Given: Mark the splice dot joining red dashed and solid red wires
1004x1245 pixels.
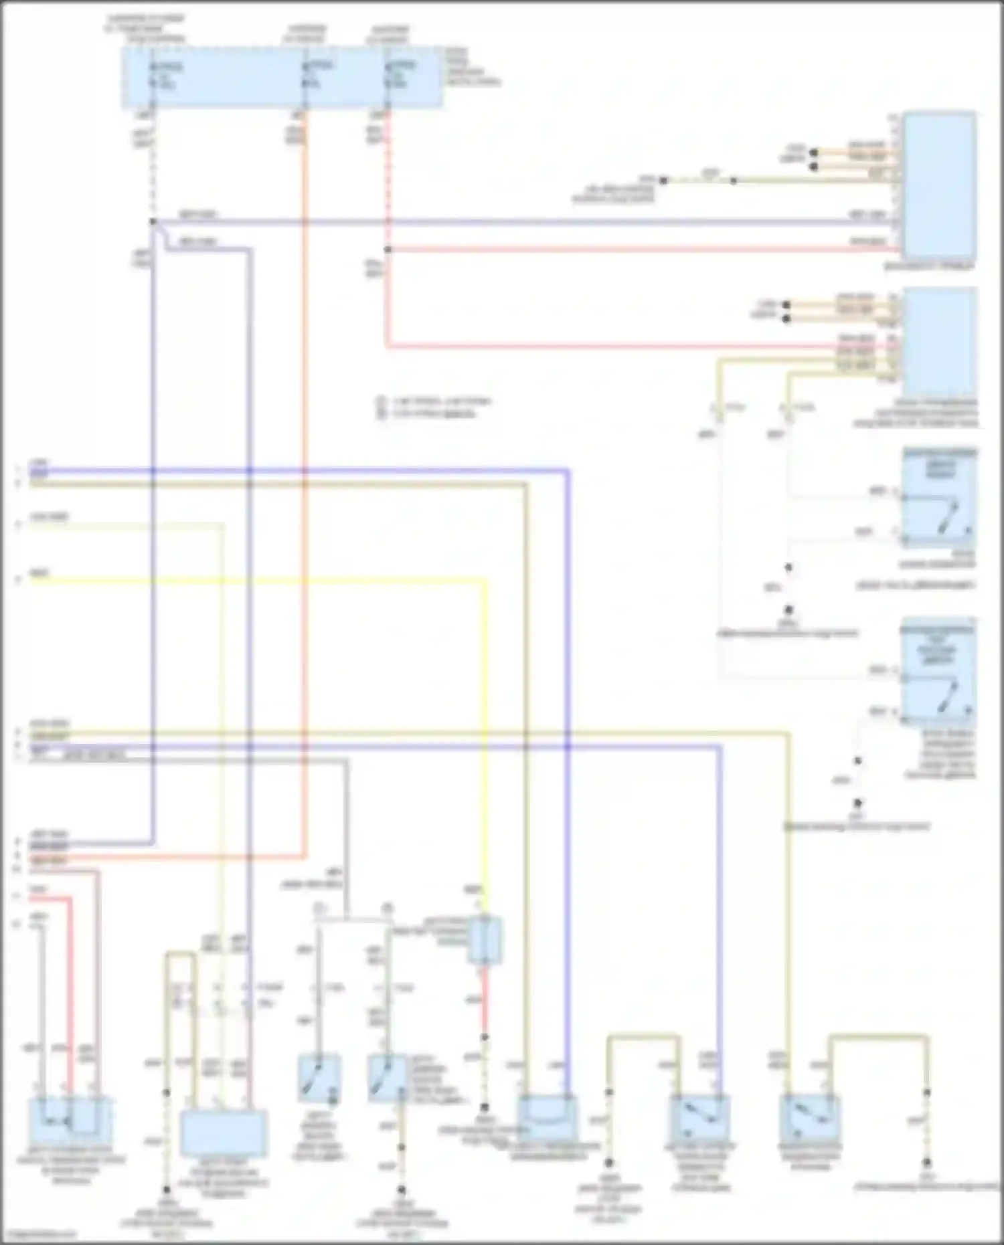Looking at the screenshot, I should point(388,250).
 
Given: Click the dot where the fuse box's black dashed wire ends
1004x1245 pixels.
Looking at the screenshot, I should point(153,221).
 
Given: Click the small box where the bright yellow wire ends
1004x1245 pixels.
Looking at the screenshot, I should point(485,940).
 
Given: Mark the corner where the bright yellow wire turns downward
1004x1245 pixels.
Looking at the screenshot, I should point(485,581).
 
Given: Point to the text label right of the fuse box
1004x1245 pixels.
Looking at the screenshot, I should point(472,67).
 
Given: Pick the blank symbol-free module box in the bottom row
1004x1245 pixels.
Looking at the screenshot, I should point(224,1133).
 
